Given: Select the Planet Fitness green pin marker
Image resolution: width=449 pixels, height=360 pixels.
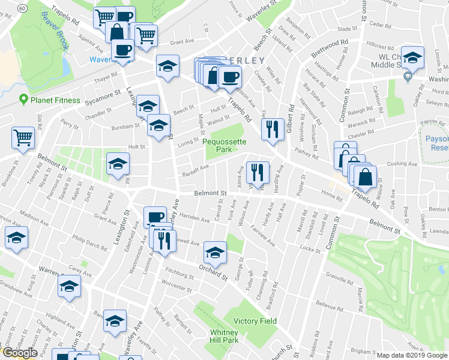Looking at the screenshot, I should point(24,100).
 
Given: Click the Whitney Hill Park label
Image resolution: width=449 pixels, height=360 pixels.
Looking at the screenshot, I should point(224,337).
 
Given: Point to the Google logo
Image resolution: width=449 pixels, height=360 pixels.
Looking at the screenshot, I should point(19,353).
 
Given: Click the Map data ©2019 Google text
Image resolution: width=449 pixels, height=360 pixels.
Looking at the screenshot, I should point(411,355).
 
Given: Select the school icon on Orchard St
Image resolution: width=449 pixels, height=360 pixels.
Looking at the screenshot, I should point(215,253).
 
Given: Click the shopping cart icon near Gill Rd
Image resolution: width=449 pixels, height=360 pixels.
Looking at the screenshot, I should point(23,137).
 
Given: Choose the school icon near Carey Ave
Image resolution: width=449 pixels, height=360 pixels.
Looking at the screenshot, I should point(70,286).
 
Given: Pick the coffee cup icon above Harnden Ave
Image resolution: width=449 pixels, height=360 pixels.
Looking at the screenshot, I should point(155,217).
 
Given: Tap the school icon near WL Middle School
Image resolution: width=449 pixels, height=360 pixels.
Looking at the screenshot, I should point(412,58).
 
